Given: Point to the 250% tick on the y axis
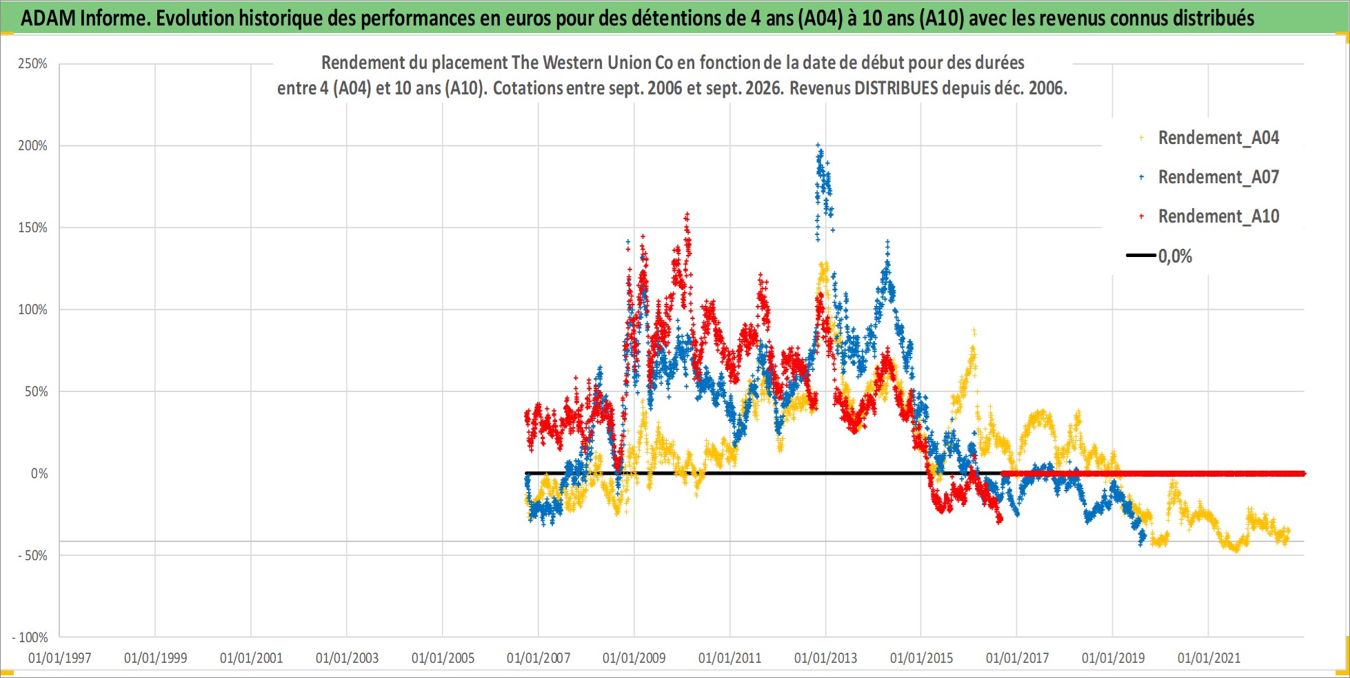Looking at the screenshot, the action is (x=32, y=64).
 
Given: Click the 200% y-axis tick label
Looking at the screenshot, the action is (x=32, y=146).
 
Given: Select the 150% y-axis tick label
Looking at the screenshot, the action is (x=32, y=228).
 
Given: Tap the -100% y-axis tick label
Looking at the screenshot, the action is (x=30, y=637).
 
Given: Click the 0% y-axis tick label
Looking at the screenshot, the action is (x=39, y=473).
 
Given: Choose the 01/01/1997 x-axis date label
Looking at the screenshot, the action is (x=60, y=658).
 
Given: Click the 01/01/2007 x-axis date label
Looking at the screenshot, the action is (x=538, y=658).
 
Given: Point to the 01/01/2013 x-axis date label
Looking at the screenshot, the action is (x=826, y=658).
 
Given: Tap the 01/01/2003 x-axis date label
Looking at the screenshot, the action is (x=347, y=658).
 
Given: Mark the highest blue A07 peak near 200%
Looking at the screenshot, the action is (x=818, y=145).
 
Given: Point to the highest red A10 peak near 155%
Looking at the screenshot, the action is (x=687, y=214).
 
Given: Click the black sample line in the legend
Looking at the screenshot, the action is (x=1141, y=256).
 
